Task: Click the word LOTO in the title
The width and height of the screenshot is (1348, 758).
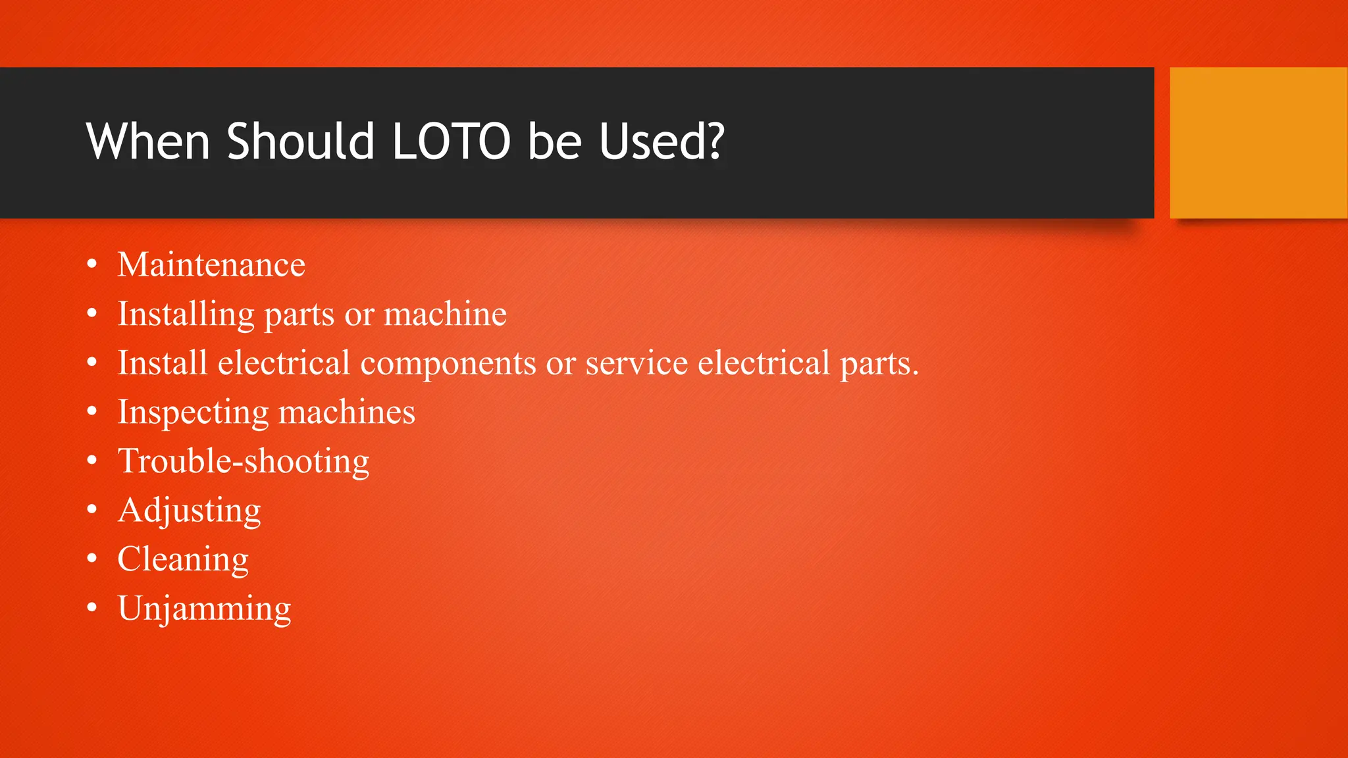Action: pos(451,141)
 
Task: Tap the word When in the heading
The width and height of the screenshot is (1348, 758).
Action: pos(147,141)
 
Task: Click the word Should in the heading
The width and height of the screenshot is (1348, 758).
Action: pos(300,141)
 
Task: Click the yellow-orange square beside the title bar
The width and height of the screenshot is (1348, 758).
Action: pos(1258,143)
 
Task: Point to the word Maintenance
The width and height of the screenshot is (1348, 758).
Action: pos(211,265)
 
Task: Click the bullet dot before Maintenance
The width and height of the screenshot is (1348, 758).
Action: pos(92,265)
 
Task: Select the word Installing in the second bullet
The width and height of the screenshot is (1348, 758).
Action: pos(186,315)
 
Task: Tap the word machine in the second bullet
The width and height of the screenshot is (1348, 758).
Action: pos(445,314)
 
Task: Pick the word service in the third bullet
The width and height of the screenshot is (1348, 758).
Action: pos(636,363)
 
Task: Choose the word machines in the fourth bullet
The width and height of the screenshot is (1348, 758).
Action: pos(346,413)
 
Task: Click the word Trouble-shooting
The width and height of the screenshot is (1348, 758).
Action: pos(244,461)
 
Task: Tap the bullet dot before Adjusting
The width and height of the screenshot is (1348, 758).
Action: pos(92,510)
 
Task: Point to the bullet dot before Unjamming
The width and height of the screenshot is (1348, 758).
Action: pos(92,608)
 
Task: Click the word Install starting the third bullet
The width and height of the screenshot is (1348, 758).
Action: pos(163,363)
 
